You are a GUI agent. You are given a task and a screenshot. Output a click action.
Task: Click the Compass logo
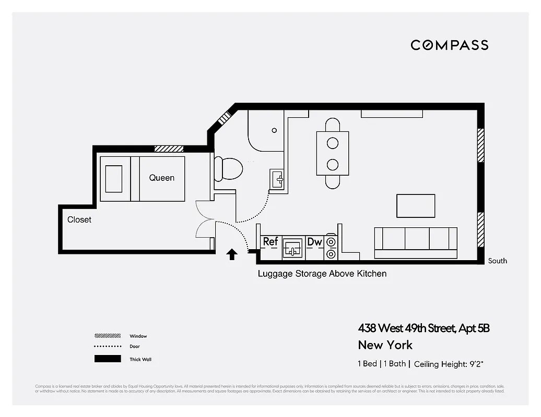pyautogui.click(x=449, y=45)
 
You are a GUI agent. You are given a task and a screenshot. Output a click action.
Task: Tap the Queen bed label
pyautogui.click(x=161, y=178)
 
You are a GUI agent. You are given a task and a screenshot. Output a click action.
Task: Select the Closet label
pyautogui.click(x=79, y=220)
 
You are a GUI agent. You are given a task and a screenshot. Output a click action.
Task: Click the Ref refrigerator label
pyautogui.click(x=270, y=242)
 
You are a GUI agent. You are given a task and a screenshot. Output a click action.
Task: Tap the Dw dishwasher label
pyautogui.click(x=314, y=242)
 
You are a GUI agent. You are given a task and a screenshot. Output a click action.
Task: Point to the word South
pyautogui.click(x=497, y=261)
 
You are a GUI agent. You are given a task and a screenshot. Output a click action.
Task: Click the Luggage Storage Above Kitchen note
pyautogui.click(x=322, y=274)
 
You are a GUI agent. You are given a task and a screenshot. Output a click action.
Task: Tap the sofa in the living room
pyautogui.click(x=416, y=242)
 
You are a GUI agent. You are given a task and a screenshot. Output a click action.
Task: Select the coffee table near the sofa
pyautogui.click(x=416, y=206)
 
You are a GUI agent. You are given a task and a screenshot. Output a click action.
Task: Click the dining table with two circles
pyautogui.click(x=332, y=153)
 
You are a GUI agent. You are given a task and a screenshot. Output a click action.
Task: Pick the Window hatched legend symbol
pyautogui.click(x=107, y=336)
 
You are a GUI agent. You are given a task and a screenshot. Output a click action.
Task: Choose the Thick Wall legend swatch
pyautogui.click(x=107, y=359)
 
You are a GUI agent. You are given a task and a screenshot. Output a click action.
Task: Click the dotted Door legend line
pyautogui.click(x=107, y=347)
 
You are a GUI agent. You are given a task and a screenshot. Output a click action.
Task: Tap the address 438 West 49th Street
pyautogui.click(x=424, y=328)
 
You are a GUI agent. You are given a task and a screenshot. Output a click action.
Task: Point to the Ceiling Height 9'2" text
pyautogui.click(x=452, y=364)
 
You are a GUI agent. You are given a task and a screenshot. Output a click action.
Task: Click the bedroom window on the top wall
pyautogui.click(x=169, y=149)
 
